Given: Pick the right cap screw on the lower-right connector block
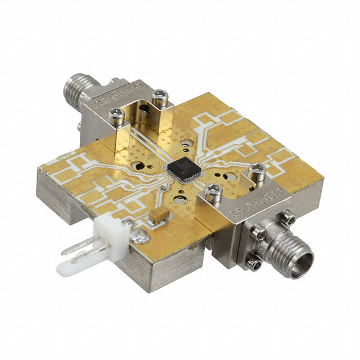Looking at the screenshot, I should [x=256, y=168].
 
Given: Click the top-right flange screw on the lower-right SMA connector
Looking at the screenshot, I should [x=290, y=216].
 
